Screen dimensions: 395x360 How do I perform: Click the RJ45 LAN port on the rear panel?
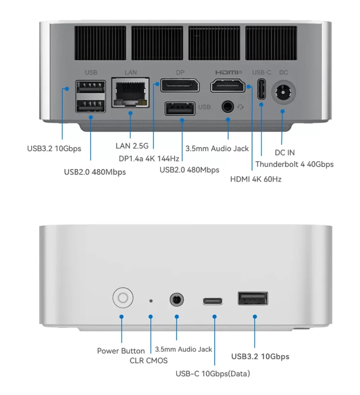point(130,93)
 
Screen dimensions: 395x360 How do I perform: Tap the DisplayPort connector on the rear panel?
point(180,85)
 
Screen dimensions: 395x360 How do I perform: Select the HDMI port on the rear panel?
point(228,85)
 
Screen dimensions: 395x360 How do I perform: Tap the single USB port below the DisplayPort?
point(180,108)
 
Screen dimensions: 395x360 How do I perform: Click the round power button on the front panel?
point(123,298)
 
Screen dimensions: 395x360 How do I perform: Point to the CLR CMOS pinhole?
point(151,300)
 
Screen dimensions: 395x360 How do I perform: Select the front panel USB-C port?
point(213,300)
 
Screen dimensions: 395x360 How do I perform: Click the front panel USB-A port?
point(253,299)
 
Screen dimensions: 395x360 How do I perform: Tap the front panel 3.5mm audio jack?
point(177,299)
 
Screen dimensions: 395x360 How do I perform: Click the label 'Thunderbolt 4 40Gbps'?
point(294,164)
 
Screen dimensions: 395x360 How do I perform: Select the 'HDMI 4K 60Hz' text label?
point(256,179)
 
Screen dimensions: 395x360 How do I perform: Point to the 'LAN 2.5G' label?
point(132,146)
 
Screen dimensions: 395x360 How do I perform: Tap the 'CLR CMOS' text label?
point(149,361)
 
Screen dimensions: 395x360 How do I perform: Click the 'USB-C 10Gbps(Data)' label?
point(212,373)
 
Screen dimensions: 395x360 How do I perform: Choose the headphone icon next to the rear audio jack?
point(241,107)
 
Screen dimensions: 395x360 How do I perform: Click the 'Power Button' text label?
point(121,351)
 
